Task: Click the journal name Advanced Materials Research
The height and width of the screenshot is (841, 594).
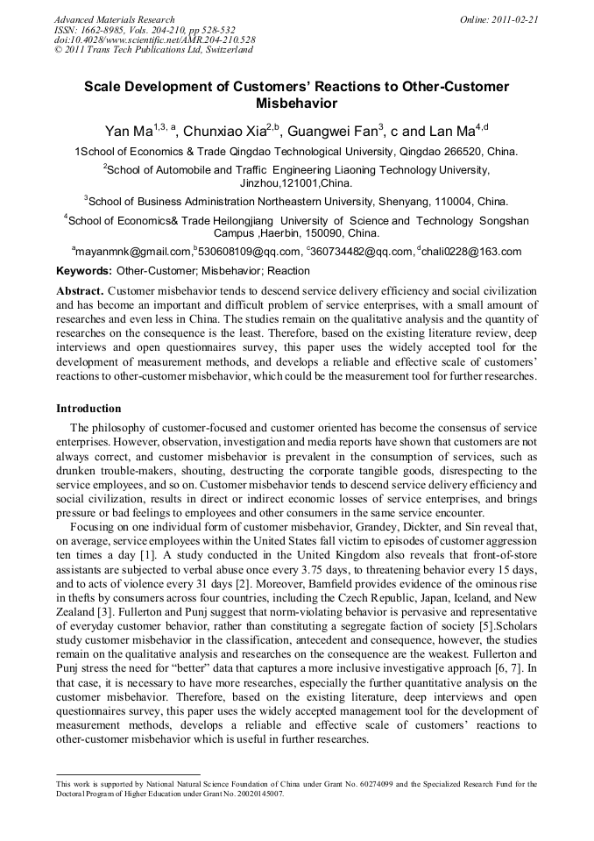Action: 114,19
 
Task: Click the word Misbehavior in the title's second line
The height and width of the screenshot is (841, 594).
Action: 296,103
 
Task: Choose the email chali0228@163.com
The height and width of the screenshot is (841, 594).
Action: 472,252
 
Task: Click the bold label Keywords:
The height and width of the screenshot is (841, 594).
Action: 84,271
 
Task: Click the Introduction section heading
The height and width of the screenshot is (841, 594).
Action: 88,409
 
